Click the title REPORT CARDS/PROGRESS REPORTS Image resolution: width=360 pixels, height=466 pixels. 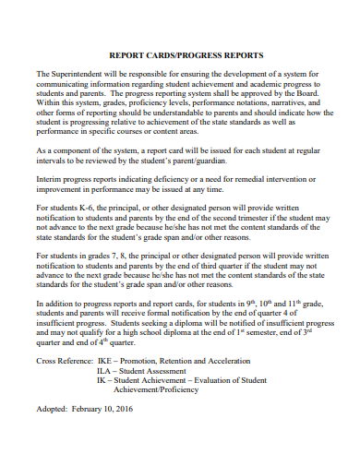tap(180, 54)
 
